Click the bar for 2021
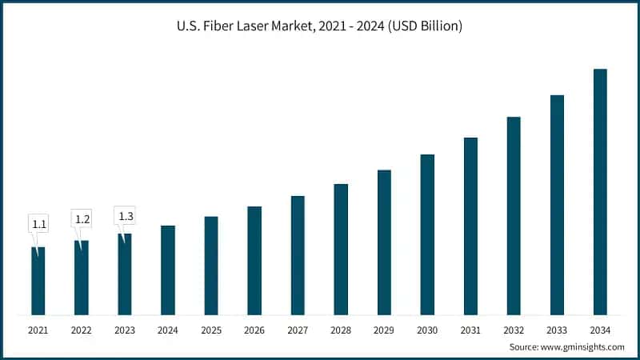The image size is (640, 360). click(x=38, y=281)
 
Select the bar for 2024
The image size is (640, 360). click(x=168, y=270)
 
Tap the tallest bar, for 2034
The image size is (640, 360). click(x=600, y=192)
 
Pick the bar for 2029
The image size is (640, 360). click(x=384, y=242)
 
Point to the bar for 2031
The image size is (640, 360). click(x=470, y=226)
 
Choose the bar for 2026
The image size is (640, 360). click(x=254, y=261)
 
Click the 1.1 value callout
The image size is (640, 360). click(x=38, y=223)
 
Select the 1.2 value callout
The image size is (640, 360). click(x=82, y=218)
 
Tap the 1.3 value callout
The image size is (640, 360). click(x=126, y=215)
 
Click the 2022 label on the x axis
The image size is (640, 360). click(x=82, y=330)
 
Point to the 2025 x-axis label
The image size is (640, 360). click(x=211, y=330)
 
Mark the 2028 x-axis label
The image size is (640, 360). click(x=341, y=330)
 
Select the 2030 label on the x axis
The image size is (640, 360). click(x=427, y=330)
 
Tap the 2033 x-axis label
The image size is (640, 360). click(x=557, y=330)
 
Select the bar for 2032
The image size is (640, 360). click(x=514, y=216)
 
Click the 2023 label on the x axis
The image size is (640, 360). click(x=125, y=330)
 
